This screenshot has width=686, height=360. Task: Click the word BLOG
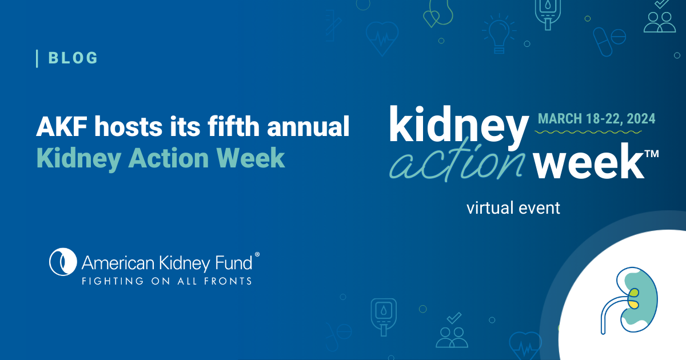click(73, 58)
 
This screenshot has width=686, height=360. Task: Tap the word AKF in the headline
click(62, 126)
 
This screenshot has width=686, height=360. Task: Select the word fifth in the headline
click(234, 126)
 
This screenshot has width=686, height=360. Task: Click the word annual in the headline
click(308, 126)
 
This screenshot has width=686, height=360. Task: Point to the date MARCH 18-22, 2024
click(597, 119)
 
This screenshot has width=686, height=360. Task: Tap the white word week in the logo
click(589, 161)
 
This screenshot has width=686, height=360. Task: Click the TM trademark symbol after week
click(652, 153)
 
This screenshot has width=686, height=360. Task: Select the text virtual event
click(513, 208)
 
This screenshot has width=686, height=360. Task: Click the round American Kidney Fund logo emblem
click(63, 262)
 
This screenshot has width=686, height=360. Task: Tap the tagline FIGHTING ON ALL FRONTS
click(167, 281)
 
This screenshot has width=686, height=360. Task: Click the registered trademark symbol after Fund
click(257, 254)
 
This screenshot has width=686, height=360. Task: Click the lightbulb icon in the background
click(499, 34)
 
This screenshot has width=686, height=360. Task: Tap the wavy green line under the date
click(588, 132)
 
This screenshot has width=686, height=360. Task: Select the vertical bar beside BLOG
click(37, 58)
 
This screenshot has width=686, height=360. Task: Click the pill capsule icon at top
click(603, 42)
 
